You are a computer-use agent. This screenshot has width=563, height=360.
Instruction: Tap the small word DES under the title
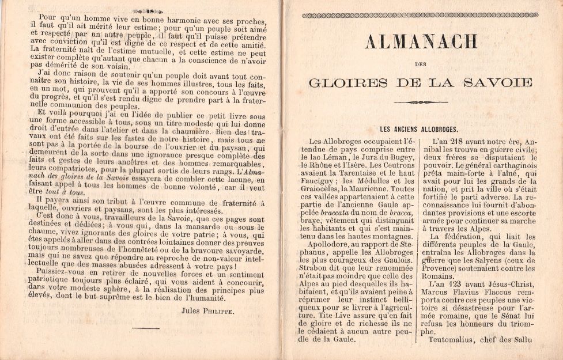click(420, 65)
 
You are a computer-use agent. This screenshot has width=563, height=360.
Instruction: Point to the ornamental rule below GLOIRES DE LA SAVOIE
click(420, 103)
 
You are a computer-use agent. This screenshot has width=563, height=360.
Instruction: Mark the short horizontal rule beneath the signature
click(145, 328)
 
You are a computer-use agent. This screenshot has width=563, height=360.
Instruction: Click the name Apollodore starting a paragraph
click(328, 242)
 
